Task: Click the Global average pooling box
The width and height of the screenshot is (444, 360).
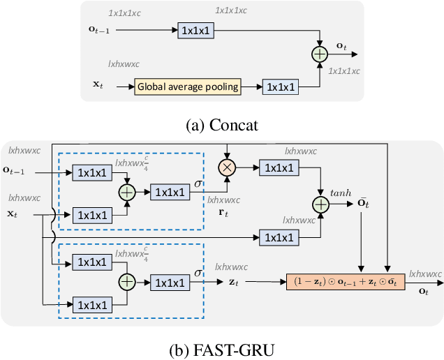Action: click(x=188, y=87)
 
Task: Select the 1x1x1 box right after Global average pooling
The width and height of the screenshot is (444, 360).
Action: click(x=279, y=87)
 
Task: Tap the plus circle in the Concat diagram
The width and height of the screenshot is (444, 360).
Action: click(x=319, y=52)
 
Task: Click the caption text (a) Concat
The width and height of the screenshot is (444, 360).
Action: click(x=221, y=125)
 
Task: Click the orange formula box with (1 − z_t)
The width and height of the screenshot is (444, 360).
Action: click(x=345, y=283)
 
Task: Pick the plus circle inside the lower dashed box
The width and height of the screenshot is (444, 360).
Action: click(x=126, y=282)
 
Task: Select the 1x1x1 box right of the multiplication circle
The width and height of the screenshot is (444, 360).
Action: click(x=279, y=167)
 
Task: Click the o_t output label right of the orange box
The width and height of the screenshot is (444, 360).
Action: click(x=423, y=291)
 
